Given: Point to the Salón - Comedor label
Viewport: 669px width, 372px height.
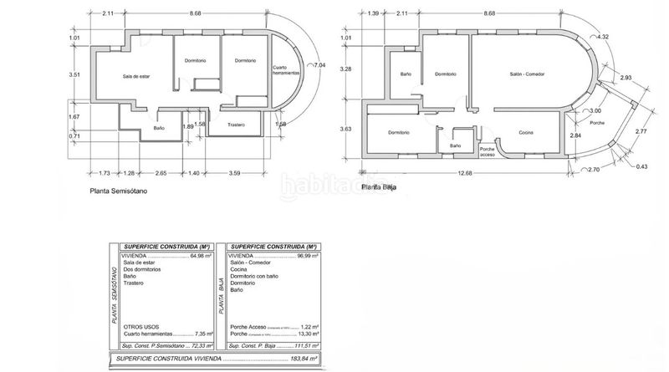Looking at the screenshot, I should click(x=527, y=74).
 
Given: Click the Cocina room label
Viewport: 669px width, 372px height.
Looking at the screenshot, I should click(x=525, y=133).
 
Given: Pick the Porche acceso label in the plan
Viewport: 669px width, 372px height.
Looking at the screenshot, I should click(x=488, y=152).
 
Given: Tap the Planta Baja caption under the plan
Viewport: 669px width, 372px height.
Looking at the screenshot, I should click(x=378, y=187).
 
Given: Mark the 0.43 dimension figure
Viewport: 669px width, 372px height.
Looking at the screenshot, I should click(x=641, y=167).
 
